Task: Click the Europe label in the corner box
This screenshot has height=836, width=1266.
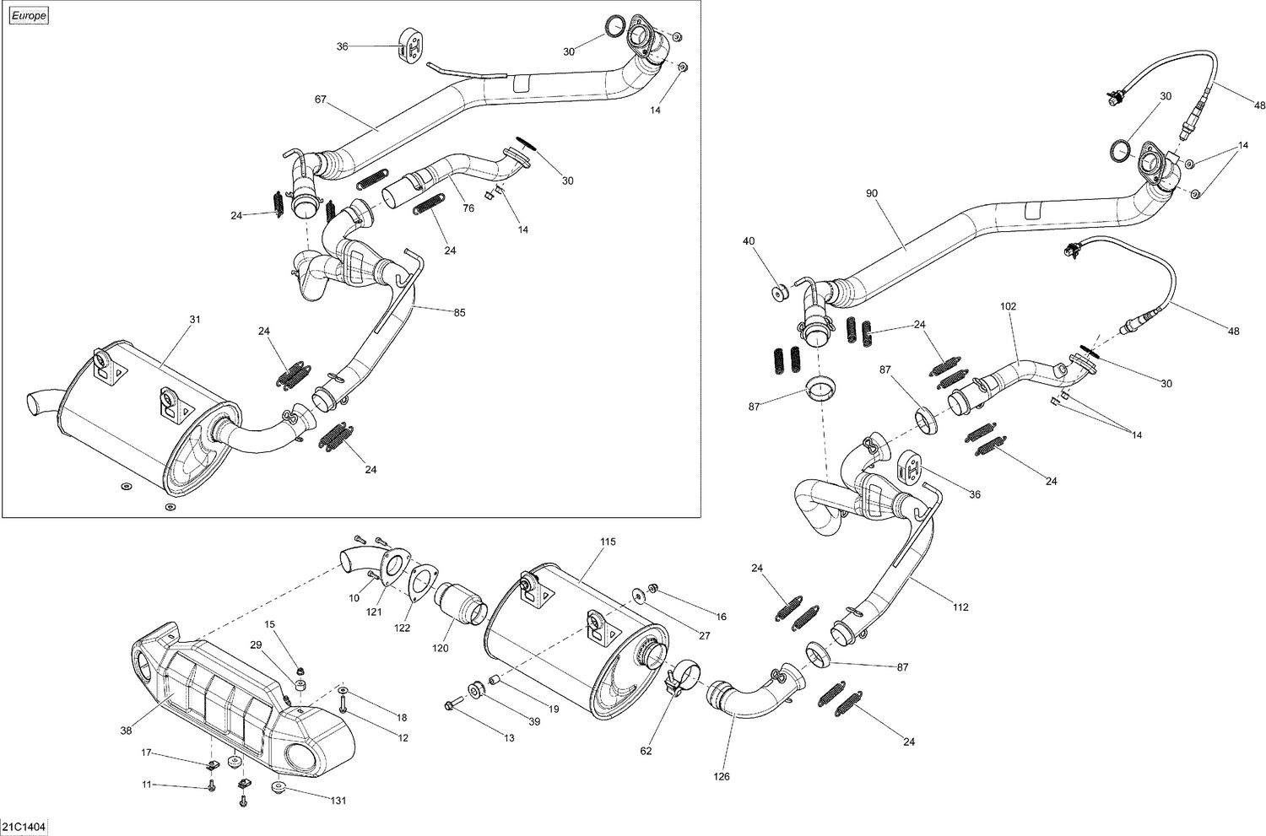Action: coord(29,16)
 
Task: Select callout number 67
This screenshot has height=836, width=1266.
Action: coord(320,100)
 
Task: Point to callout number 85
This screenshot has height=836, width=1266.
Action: coord(459,313)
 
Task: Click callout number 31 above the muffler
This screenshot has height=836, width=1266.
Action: coord(195,320)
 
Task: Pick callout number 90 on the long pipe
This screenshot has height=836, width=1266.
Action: coord(872,193)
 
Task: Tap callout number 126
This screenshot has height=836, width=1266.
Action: coord(722,777)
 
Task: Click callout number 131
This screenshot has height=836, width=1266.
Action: coord(338,801)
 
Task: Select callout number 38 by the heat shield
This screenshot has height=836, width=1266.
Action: coord(127,731)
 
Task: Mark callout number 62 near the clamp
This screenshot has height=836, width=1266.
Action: coord(647,750)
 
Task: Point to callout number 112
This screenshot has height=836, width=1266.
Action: coord(960,607)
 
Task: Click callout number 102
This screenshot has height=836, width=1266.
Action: coord(1009,306)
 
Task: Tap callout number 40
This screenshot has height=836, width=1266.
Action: coord(748,241)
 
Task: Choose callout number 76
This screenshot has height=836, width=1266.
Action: coord(468,208)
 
